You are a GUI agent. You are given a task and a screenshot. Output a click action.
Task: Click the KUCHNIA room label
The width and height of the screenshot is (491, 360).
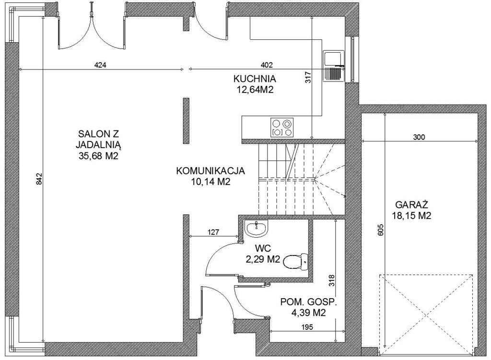(x=254, y=79)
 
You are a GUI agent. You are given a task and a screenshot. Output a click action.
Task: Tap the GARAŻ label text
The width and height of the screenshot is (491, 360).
(x=411, y=205)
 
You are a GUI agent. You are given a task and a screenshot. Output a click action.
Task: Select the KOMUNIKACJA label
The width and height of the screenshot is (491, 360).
(x=210, y=171)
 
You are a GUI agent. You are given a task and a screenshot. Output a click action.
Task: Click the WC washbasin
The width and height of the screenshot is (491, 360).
(x=257, y=228)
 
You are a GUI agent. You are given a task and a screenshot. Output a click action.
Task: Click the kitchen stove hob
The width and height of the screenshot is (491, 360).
(x=282, y=127)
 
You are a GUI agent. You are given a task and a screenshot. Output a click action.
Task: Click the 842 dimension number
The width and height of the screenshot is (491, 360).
(x=39, y=179)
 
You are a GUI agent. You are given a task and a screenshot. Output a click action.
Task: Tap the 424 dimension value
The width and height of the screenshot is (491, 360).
(x=100, y=65)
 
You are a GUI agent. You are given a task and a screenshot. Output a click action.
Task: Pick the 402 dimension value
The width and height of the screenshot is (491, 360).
(x=267, y=65)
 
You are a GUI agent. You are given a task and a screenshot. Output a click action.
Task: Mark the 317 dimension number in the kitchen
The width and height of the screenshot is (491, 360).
(x=308, y=77)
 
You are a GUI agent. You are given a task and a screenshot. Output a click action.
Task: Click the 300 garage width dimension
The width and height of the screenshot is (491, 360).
(x=419, y=137)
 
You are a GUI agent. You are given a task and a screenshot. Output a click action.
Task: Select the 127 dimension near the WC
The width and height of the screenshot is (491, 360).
(x=213, y=232)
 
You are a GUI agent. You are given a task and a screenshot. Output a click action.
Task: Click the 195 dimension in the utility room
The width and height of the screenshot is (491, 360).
(x=307, y=327)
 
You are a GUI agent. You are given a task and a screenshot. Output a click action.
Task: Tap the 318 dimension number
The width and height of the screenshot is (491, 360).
(x=332, y=281)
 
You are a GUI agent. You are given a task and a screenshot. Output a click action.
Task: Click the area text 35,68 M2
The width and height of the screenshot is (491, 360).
(x=98, y=156)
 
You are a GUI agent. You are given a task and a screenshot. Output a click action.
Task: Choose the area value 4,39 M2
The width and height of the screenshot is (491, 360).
(x=308, y=313)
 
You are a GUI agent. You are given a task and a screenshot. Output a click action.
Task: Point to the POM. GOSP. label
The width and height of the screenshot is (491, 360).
(x=308, y=302)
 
